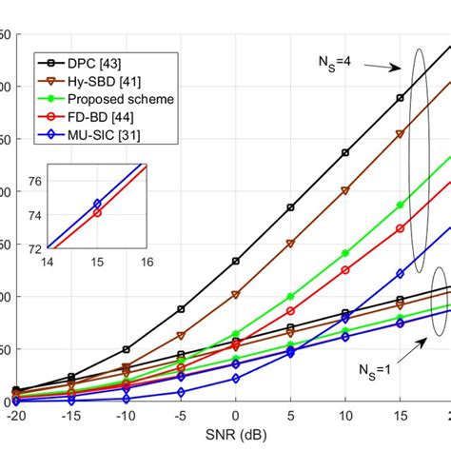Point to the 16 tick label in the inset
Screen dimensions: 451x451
147,261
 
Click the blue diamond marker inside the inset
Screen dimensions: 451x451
97,204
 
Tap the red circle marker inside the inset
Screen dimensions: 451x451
97,213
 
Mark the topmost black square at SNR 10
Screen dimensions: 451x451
345,152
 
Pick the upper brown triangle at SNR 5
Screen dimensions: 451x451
290,244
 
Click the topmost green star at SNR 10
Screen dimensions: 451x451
345,254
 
